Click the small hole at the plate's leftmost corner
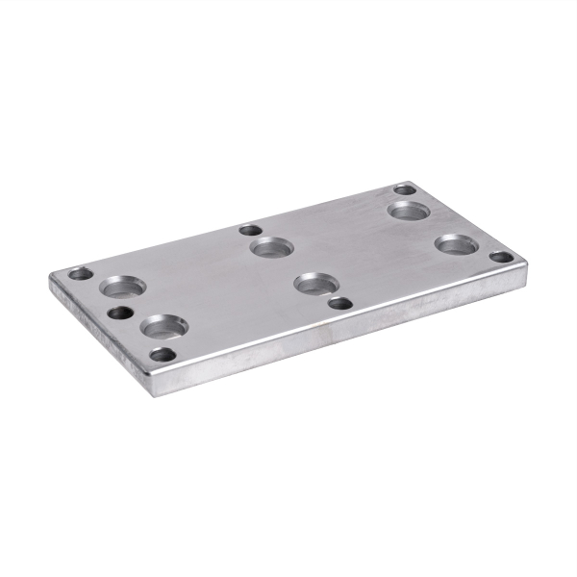(x=82, y=274)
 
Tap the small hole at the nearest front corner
(x=163, y=354)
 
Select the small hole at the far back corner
(x=405, y=189)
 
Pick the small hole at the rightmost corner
(x=500, y=257)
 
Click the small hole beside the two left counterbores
(x=120, y=313)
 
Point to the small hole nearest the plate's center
(x=339, y=303)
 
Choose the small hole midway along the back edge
(x=250, y=231)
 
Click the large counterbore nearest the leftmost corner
(x=124, y=286)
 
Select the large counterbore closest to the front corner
(x=163, y=327)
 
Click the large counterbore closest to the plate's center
(x=314, y=283)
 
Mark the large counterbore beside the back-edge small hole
(x=271, y=247)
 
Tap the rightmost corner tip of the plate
(x=525, y=263)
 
